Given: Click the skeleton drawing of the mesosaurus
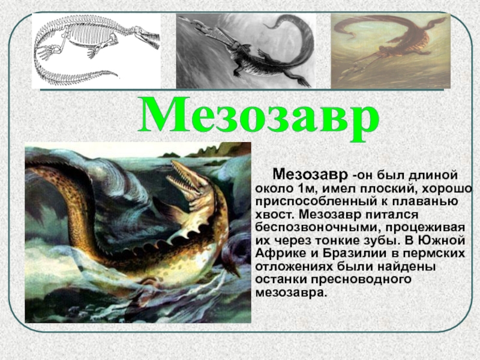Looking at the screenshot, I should [96, 51].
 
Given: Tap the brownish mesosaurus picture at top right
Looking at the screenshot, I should [390, 51].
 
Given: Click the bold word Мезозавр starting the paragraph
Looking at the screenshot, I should [311, 175].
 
